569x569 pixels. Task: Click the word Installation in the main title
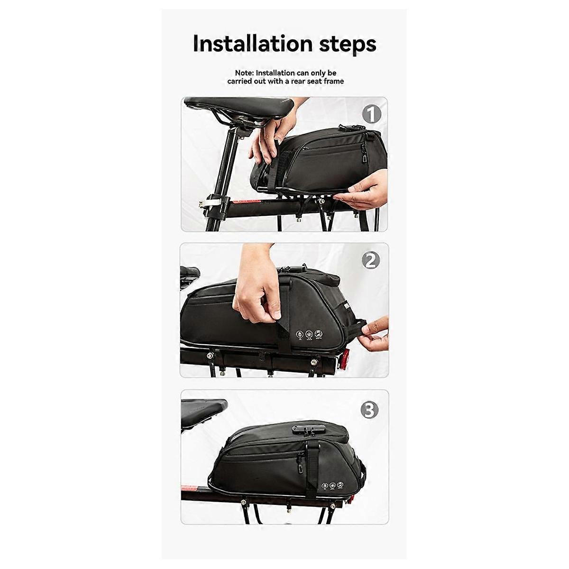[x=253, y=44]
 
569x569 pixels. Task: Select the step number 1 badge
[x=372, y=114]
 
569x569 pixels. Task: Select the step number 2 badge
[x=371, y=261]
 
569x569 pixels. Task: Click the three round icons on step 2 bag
[x=310, y=334]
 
